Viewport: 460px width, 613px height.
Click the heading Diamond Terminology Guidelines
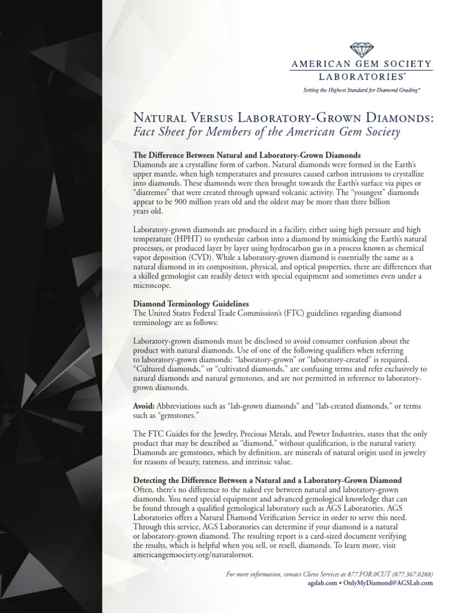[190, 304]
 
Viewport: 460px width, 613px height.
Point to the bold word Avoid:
[144, 406]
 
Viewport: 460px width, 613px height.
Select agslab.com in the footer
[320, 583]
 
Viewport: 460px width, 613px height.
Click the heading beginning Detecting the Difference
[267, 481]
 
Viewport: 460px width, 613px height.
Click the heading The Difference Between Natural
[247, 154]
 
